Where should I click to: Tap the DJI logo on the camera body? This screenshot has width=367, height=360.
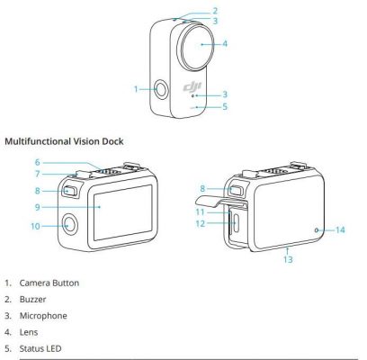[x=189, y=86]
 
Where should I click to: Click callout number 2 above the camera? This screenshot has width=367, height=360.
[x=215, y=11]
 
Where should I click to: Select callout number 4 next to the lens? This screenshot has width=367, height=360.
[x=224, y=43]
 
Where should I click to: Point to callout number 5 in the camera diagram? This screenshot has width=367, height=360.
[x=225, y=106]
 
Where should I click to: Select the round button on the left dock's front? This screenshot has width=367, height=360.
[x=69, y=225]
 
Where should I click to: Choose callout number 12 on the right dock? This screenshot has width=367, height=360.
[x=202, y=222]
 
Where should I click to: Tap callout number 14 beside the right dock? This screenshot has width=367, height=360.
[x=340, y=230]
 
